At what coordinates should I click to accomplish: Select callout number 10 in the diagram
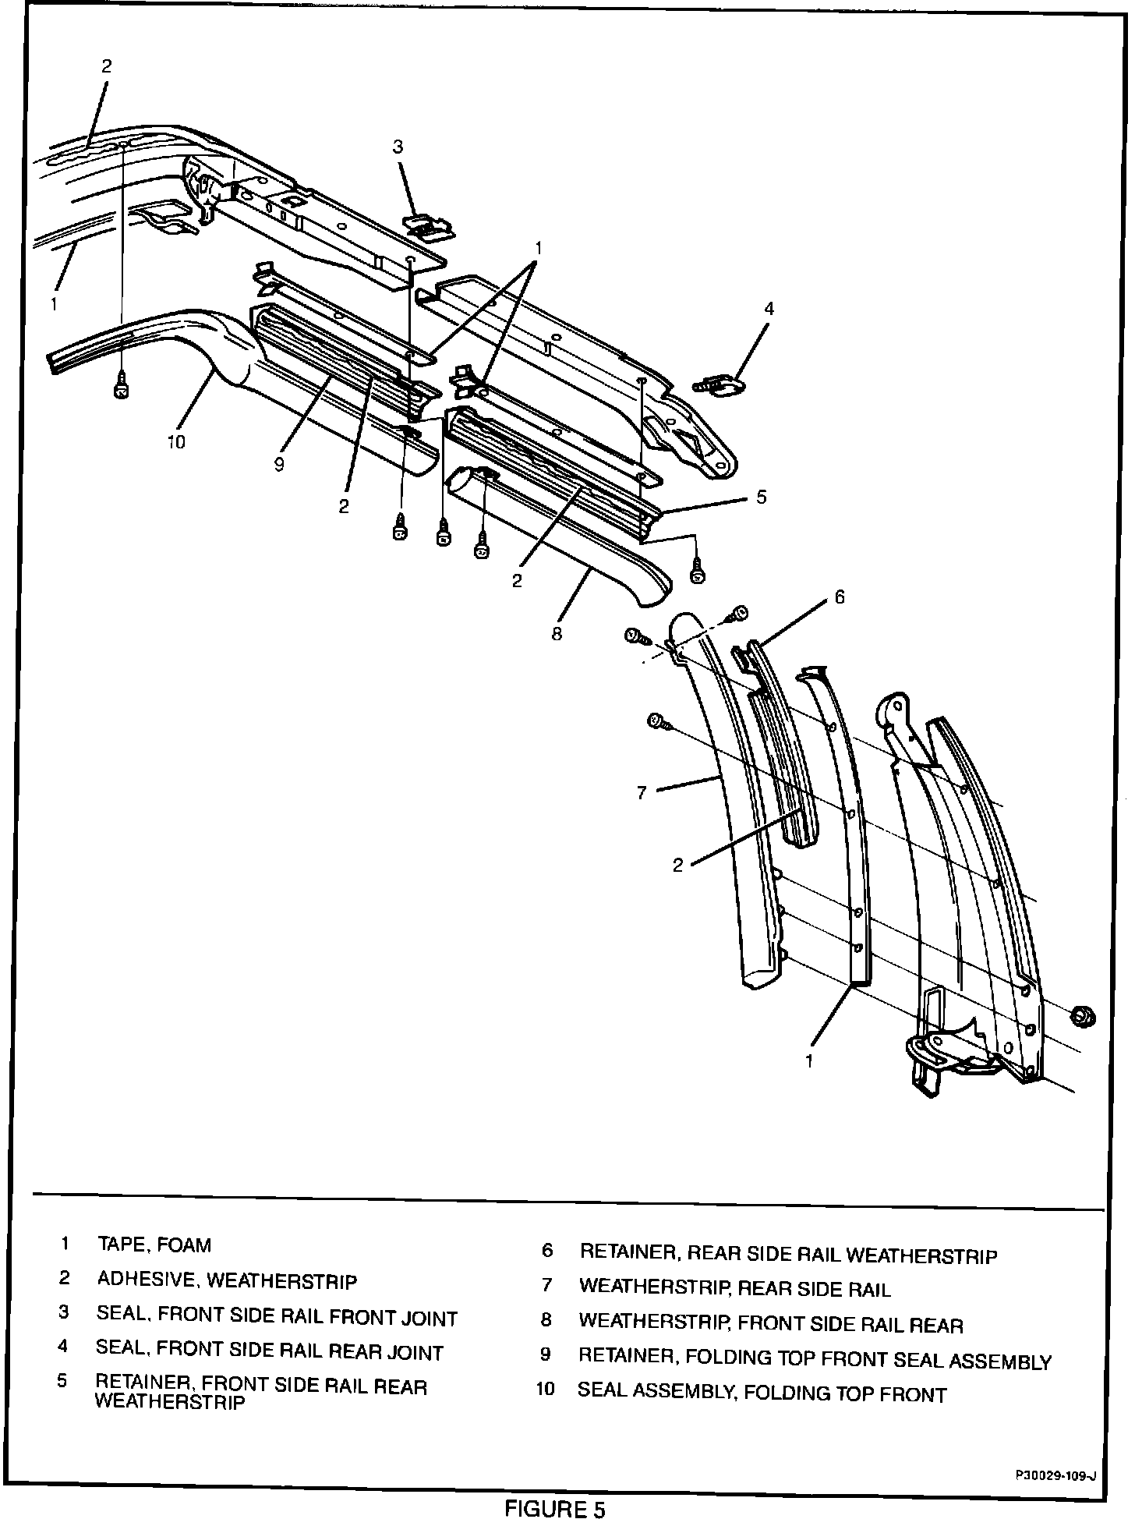176,442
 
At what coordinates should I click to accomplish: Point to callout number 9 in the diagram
279,465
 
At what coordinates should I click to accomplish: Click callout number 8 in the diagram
557,634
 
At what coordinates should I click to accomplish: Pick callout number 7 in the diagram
642,793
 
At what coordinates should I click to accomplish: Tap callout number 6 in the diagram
839,597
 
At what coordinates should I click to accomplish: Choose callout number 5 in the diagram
762,496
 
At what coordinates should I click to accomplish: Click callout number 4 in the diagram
769,309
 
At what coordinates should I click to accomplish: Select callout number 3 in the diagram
398,147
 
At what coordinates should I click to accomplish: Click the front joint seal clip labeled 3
428,225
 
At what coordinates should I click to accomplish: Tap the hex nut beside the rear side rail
1081,1015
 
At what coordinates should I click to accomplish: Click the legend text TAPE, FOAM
154,1245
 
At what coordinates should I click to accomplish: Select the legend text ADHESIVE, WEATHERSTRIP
227,1280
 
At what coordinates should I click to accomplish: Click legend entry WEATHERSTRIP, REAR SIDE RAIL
734,1288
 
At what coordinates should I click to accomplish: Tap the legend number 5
62,1381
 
